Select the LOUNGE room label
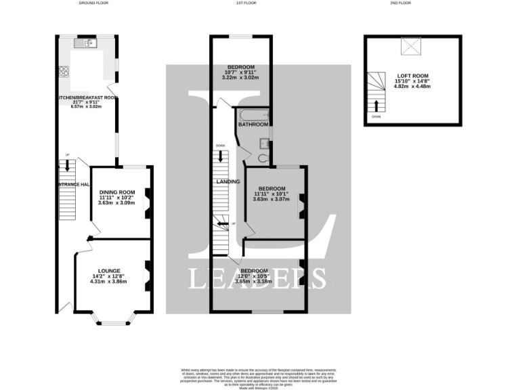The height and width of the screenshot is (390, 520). (108, 272)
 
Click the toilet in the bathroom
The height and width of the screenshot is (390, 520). (263, 158)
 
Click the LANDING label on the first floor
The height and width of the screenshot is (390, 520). (227, 181)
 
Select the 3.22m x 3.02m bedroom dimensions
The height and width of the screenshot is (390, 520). (240, 77)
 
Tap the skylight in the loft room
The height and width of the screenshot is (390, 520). (410, 46)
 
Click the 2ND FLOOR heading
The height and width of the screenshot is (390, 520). (400, 3)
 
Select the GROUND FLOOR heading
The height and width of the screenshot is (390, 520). (93, 3)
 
